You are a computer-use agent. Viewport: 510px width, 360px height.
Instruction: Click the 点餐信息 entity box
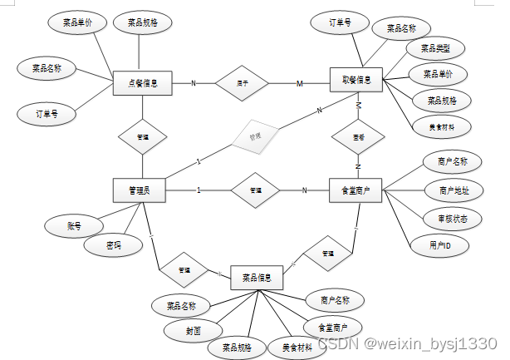[x=141, y=83]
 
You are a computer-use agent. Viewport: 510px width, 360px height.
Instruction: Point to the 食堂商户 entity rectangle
[x=356, y=190]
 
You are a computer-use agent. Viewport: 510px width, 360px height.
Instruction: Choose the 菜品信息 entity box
[x=257, y=277]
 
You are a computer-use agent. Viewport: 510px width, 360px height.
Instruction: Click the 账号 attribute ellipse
[x=73, y=224]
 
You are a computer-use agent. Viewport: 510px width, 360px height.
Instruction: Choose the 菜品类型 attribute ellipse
[x=435, y=48]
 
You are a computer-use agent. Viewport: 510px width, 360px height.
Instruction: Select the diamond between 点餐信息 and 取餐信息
[x=243, y=83]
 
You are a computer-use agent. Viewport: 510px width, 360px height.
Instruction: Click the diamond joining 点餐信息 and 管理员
[x=142, y=136]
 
